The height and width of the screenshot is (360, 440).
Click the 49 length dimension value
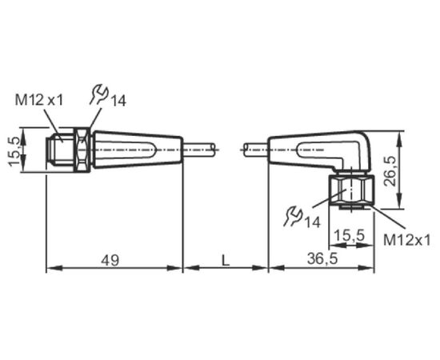pyautogui.click(x=110, y=260)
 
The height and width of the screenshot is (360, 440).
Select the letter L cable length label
pyautogui.click(x=226, y=260)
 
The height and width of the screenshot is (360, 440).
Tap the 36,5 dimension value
pyautogui.click(x=322, y=259)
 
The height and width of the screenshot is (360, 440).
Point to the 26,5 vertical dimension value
pyautogui.click(x=390, y=171)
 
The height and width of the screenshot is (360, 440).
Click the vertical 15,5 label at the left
pyautogui.click(x=14, y=152)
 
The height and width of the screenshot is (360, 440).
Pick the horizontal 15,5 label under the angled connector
pyautogui.click(x=350, y=235)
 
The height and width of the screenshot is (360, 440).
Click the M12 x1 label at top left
pyautogui.click(x=39, y=100)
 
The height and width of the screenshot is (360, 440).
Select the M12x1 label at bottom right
pyautogui.click(x=407, y=241)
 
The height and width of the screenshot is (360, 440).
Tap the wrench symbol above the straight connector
pyautogui.click(x=98, y=95)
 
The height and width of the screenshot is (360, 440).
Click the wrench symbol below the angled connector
pyautogui.click(x=294, y=216)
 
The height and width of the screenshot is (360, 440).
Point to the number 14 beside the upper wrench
pyautogui.click(x=118, y=101)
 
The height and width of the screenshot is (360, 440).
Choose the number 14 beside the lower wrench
pyautogui.click(x=313, y=222)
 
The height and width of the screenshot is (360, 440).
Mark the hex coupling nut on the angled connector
pyautogui.click(x=351, y=190)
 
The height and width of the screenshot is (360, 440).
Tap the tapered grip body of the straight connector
pyautogui.click(x=138, y=150)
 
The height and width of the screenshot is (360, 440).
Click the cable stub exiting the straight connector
pyautogui.click(x=200, y=150)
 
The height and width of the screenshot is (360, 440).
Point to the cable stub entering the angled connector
pyautogui.click(x=256, y=150)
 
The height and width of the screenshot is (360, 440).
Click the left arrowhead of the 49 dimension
pyautogui.click(x=54, y=268)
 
